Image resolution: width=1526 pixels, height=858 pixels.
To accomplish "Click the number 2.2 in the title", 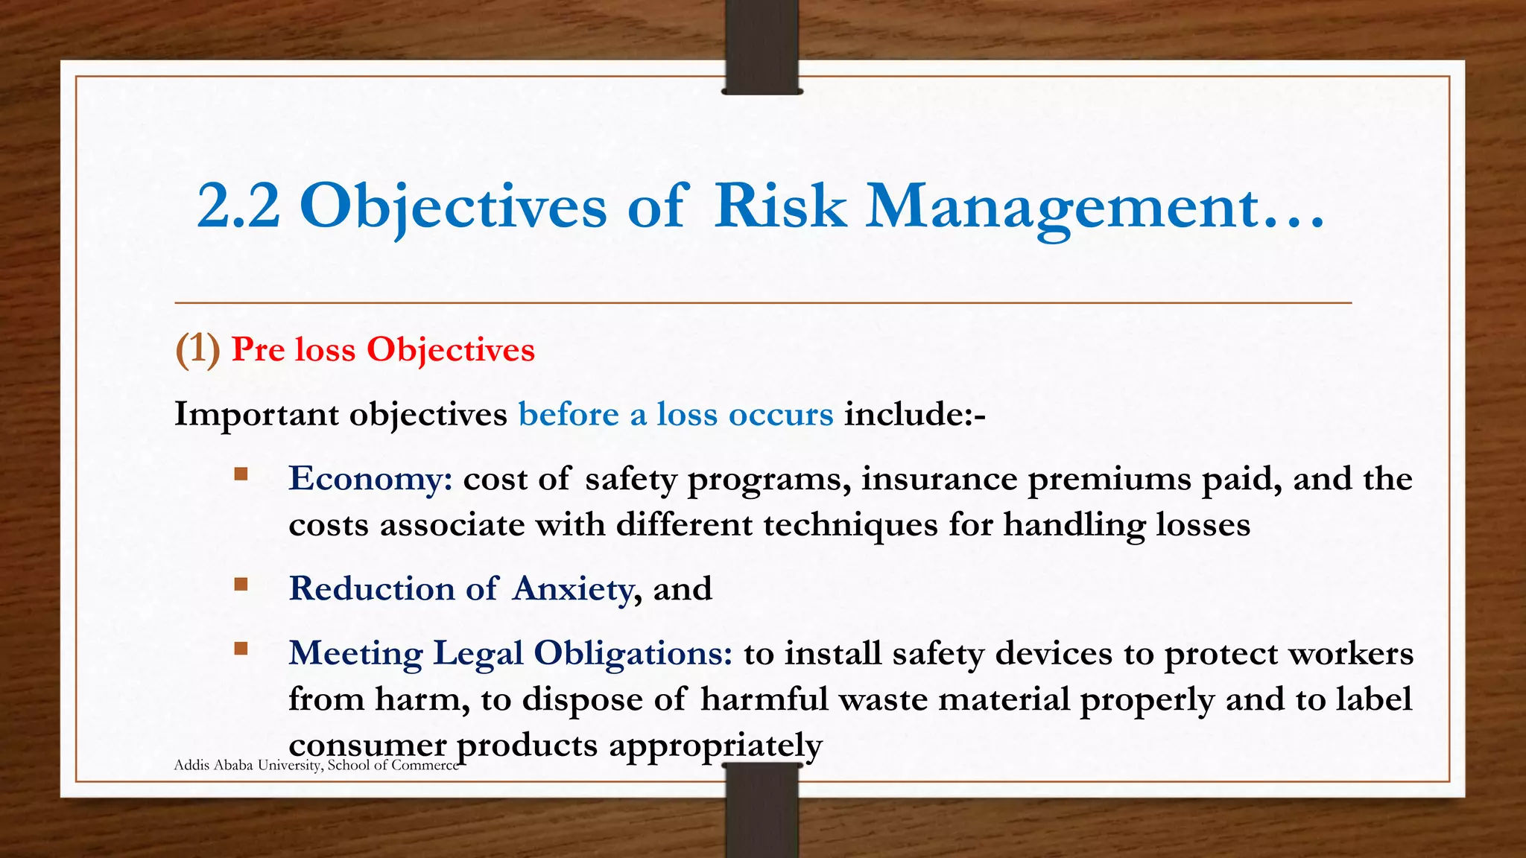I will click(238, 206).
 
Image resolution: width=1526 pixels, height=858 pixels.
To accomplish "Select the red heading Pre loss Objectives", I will click(383, 349).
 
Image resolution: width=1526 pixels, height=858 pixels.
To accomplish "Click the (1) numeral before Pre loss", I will click(197, 349).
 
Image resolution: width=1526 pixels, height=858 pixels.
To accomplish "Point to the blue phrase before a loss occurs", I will click(675, 414).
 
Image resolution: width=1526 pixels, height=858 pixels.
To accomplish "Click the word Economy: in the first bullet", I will click(370, 478).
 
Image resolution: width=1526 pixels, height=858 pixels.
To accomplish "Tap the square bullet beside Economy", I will click(241, 474).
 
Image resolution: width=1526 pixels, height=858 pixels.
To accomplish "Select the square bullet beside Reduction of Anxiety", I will click(241, 584).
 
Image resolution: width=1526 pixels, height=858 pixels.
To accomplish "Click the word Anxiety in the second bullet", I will click(572, 589).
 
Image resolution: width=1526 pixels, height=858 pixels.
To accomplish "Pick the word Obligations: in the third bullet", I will click(633, 653).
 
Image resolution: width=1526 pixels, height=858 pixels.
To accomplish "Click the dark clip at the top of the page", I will click(762, 46).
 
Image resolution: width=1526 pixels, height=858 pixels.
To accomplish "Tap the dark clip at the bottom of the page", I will click(762, 812).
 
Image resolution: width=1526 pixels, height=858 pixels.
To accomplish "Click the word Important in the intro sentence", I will click(256, 415).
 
